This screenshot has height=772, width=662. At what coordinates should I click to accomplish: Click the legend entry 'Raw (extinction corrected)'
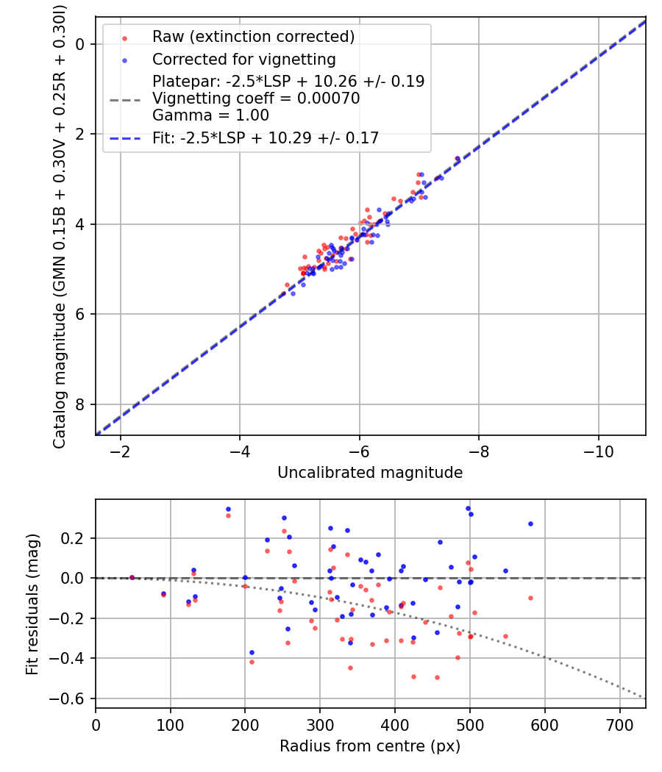point(253,37)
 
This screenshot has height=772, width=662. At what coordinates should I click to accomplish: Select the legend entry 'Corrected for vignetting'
point(243,60)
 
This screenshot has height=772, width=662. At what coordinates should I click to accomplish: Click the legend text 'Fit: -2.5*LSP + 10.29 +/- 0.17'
point(266,137)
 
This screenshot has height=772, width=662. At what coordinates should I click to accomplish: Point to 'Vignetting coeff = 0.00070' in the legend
point(256,99)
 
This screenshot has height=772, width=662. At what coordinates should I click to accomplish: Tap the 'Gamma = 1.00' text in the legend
point(210,115)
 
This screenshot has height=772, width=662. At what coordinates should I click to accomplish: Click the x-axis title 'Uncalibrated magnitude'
point(370,473)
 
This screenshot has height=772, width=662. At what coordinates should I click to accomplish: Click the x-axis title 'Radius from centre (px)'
point(370,746)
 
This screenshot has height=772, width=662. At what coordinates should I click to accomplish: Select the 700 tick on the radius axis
point(619,723)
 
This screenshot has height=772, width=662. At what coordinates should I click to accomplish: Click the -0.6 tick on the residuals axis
point(74,698)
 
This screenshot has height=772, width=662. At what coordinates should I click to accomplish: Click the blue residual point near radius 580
point(530,523)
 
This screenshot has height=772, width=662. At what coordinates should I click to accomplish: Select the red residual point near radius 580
point(530,598)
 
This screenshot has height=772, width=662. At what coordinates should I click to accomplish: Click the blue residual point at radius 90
point(163,593)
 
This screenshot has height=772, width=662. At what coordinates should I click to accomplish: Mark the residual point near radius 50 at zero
point(132,577)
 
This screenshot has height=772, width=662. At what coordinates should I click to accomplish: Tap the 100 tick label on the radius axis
point(171,723)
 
